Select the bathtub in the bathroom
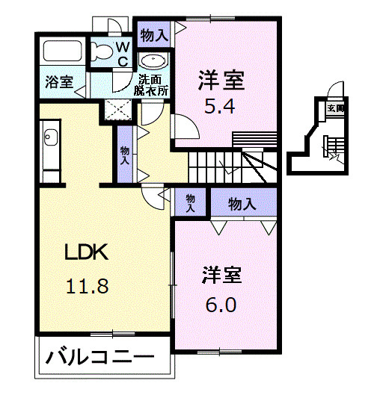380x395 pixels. point(64,52)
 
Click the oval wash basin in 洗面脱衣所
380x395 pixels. point(154,63)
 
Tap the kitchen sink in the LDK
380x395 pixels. point(50,139)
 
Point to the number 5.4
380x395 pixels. point(221,105)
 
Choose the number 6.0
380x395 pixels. point(221,306)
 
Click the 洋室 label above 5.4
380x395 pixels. point(222,78)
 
